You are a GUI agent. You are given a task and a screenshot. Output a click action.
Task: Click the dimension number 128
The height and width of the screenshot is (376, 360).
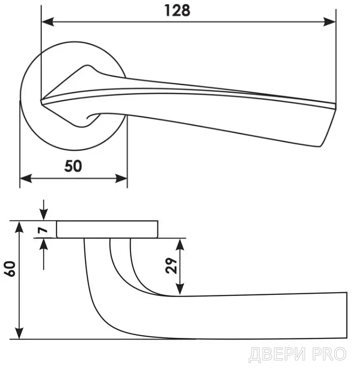point(177,11)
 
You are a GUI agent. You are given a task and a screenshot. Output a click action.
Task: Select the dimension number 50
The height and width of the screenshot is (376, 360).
point(73,166)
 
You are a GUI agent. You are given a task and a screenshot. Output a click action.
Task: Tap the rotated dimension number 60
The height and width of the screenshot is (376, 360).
point(10,269)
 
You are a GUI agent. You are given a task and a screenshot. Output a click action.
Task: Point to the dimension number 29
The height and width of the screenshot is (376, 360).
point(171,266)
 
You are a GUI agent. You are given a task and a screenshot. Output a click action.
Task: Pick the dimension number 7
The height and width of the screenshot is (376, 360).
point(42,230)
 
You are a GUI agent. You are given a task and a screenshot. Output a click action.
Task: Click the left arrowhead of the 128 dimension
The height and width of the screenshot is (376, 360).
point(47,22)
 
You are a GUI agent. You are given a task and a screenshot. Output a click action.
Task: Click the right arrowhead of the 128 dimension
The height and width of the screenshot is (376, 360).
point(329,22)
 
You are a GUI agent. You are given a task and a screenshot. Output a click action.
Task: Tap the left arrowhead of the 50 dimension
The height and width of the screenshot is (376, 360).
point(26,178)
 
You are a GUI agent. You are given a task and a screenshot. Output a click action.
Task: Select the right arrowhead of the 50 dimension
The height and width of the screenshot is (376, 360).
point(121,178)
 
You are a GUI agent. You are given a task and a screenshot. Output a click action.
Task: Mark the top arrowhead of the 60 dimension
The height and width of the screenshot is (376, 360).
point(19,227)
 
